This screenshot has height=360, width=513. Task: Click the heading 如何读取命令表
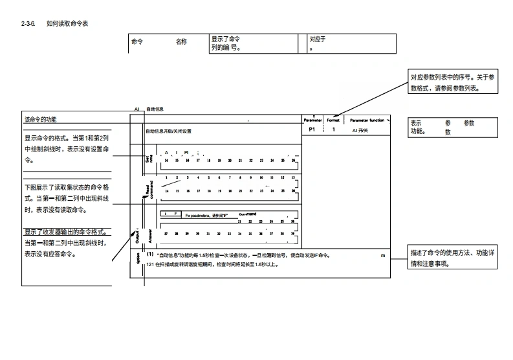[x=67, y=24]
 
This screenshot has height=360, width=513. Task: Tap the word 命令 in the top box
[x=137, y=42]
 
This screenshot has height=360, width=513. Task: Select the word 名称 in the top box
[x=181, y=42]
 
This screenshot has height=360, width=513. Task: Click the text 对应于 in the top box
[x=318, y=39]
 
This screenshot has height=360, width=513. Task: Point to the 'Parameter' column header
[x=312, y=120]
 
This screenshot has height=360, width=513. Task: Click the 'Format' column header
[x=333, y=120]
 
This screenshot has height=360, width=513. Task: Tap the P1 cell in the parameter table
[x=312, y=129]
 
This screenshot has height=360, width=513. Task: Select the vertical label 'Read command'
[x=148, y=188]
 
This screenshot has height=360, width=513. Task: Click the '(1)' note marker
[x=150, y=254]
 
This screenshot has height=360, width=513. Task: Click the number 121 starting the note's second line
[x=151, y=265]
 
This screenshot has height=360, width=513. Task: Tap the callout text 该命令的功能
[x=40, y=120]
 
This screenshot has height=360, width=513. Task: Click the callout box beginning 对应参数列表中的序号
[x=453, y=82]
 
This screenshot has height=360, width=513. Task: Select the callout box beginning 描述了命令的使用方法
[x=453, y=258]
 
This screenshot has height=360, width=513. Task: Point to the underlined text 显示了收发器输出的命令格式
[x=65, y=232]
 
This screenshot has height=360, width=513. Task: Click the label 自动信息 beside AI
[x=155, y=109]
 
